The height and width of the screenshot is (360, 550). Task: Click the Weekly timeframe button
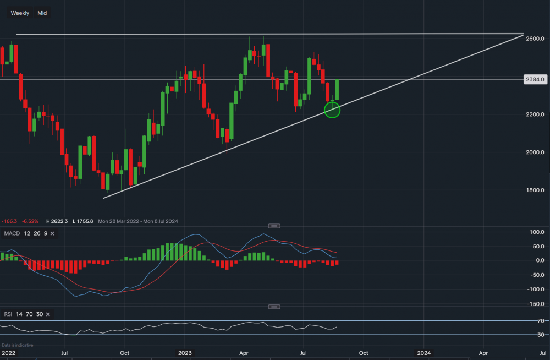click(20, 13)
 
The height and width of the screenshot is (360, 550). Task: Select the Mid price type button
click(42, 13)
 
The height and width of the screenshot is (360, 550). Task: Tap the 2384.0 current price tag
click(535, 79)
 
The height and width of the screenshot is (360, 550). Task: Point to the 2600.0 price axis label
click(535, 39)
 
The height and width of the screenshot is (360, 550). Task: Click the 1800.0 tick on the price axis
click(535, 190)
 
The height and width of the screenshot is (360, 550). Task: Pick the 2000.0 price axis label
click(535, 152)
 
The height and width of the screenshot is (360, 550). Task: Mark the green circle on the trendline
click(333, 110)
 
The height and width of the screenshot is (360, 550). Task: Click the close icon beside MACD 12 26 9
click(52, 234)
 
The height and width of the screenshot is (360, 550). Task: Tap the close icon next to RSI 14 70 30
click(48, 314)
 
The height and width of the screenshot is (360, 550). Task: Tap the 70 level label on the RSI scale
click(541, 321)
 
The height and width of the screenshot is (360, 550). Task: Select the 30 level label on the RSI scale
click(541, 335)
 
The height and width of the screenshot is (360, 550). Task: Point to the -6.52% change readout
click(30, 221)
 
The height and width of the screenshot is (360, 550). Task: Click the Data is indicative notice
click(17, 345)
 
